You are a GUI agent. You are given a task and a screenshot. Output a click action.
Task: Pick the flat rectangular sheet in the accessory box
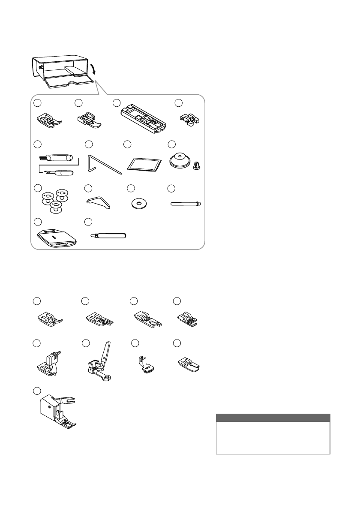tap(145, 163)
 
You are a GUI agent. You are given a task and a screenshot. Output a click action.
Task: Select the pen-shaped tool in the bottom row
tap(110, 235)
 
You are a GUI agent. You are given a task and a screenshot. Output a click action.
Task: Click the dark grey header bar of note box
tap(273, 418)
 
